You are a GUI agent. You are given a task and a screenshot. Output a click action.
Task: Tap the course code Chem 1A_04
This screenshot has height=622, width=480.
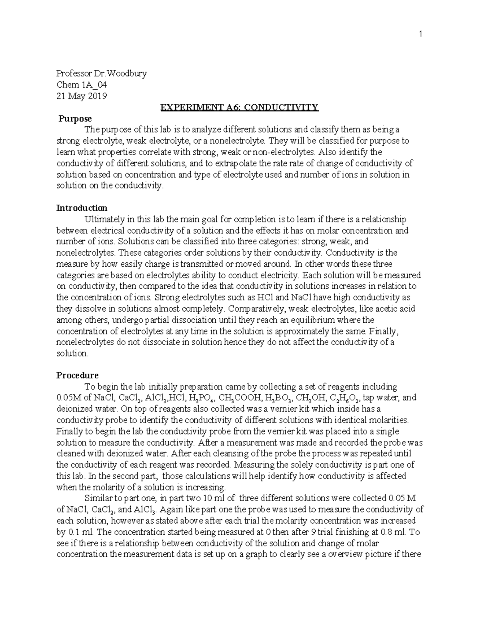(x=82, y=85)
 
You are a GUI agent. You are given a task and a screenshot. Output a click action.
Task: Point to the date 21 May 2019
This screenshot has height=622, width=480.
(x=82, y=96)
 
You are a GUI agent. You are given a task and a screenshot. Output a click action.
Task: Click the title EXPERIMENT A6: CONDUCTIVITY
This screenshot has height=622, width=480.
(x=239, y=107)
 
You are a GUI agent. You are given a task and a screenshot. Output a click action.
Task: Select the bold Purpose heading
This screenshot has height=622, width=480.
(x=75, y=119)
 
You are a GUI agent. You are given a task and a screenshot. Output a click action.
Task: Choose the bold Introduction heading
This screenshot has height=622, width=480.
(x=82, y=208)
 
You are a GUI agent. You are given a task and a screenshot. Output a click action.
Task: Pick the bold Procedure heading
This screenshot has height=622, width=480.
(x=77, y=375)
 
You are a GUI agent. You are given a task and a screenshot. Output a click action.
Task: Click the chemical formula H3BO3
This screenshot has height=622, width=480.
(x=278, y=398)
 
